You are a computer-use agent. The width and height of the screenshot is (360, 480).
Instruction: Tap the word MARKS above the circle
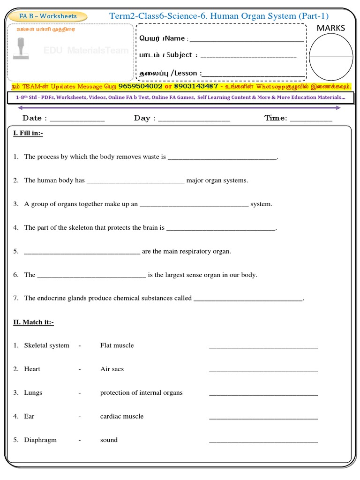point(330,28)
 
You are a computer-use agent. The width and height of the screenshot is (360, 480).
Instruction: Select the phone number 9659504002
point(140,86)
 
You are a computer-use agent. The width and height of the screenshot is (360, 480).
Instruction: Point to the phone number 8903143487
point(195,86)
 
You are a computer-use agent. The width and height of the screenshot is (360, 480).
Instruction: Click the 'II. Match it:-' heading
point(33,322)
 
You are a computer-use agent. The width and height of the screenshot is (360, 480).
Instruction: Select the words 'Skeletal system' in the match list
point(46,345)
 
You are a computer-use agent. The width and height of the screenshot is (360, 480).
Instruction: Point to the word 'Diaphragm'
point(40,440)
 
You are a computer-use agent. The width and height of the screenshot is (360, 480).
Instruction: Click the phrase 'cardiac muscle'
point(122,416)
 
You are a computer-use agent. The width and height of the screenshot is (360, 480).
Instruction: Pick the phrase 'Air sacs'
point(112,369)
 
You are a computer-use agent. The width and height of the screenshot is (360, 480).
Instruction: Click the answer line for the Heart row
point(263,371)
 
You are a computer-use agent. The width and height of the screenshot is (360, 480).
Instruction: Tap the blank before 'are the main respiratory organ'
point(82,253)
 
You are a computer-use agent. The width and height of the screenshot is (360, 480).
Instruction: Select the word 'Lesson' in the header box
point(187,73)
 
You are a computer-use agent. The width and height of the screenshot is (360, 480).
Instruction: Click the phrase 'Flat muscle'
point(117,345)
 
